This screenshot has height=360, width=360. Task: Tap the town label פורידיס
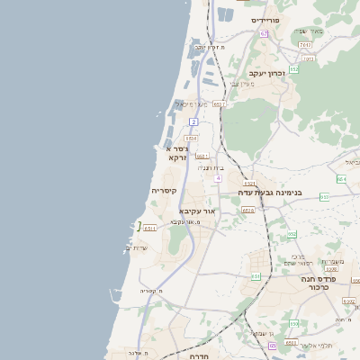pyautogui.click(x=267, y=20)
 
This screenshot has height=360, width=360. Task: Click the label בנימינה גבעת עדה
pyautogui.click(x=269, y=193)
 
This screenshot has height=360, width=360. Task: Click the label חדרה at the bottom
pyautogui.click(x=199, y=355)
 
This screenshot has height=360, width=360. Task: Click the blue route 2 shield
pyautogui.click(x=193, y=121)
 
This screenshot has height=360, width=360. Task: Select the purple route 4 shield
pyautogui.click(x=218, y=178)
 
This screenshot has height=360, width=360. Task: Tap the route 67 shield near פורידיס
pyautogui.click(x=264, y=34)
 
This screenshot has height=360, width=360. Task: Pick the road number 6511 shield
pyautogui.click(x=150, y=228)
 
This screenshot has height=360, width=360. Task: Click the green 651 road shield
pyautogui.click(x=256, y=276)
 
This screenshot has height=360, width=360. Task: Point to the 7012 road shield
pyautogui.click(x=306, y=44)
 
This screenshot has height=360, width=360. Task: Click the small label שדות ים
pyautogui.click(x=139, y=247)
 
